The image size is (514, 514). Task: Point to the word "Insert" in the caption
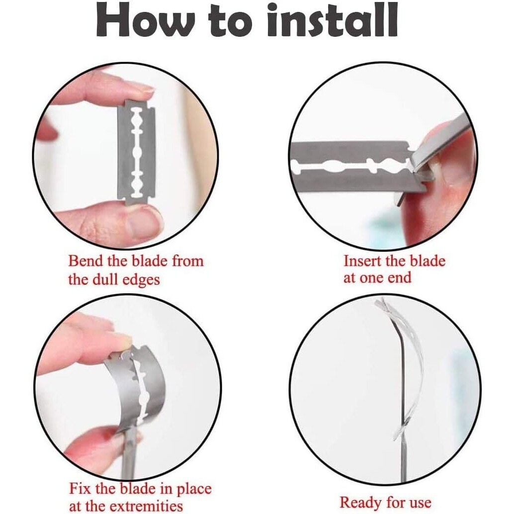pos(362,261)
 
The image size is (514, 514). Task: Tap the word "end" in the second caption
pos(400,278)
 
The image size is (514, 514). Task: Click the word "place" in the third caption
pos(194,489)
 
